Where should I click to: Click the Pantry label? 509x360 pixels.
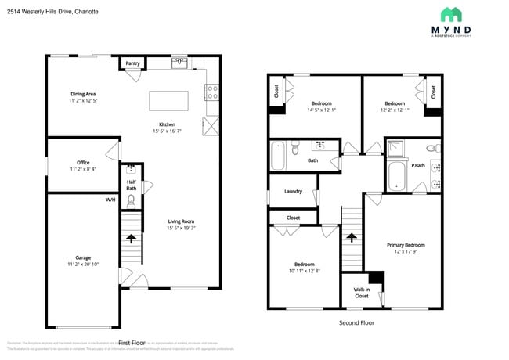tap(132, 63)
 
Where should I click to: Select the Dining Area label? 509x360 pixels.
tap(83, 94)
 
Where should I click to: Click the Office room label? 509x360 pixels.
tap(83, 163)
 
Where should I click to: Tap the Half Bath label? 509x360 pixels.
tap(132, 185)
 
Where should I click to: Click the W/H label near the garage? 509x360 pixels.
tap(110, 200)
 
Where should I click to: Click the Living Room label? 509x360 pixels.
tap(181, 221)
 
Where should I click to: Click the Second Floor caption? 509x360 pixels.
tap(356, 322)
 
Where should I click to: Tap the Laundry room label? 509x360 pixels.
tap(294, 191)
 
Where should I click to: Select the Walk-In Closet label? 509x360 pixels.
tap(361, 293)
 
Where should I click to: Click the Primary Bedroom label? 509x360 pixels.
tap(406, 245)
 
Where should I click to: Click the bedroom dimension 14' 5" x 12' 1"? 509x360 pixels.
tap(321, 110)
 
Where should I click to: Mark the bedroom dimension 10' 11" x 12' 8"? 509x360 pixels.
tap(303, 271)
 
